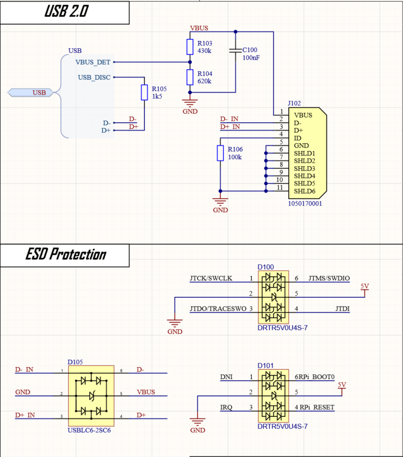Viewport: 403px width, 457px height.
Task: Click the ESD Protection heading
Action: point(66,255)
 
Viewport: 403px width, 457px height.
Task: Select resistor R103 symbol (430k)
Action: point(190,47)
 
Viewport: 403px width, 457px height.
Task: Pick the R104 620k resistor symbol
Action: point(190,78)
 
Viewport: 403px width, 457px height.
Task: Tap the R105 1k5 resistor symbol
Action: point(144,92)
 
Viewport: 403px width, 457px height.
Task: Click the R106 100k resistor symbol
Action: point(220,153)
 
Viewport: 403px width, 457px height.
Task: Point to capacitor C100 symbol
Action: point(235,50)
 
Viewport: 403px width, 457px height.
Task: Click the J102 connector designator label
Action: point(295,103)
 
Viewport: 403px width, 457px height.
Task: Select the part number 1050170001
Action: point(305,203)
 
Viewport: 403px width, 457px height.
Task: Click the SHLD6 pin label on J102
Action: point(304,191)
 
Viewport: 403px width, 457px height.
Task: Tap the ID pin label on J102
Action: point(297,138)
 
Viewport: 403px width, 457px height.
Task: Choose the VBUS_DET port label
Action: point(93,62)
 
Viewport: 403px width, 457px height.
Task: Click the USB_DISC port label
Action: point(94,78)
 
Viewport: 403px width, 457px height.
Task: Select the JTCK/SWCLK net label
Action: point(211,278)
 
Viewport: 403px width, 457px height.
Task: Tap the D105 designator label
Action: point(75,362)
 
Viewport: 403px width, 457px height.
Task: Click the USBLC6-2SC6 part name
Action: point(89,430)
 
